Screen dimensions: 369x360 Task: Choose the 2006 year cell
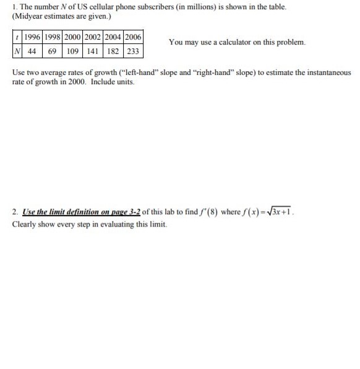click(x=132, y=37)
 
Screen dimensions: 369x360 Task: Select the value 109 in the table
click(x=73, y=50)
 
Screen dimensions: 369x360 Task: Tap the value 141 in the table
click(x=95, y=50)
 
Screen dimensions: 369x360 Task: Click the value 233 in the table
click(x=132, y=50)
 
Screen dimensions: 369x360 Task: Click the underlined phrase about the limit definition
click(x=77, y=212)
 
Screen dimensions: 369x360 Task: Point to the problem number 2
click(x=14, y=212)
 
